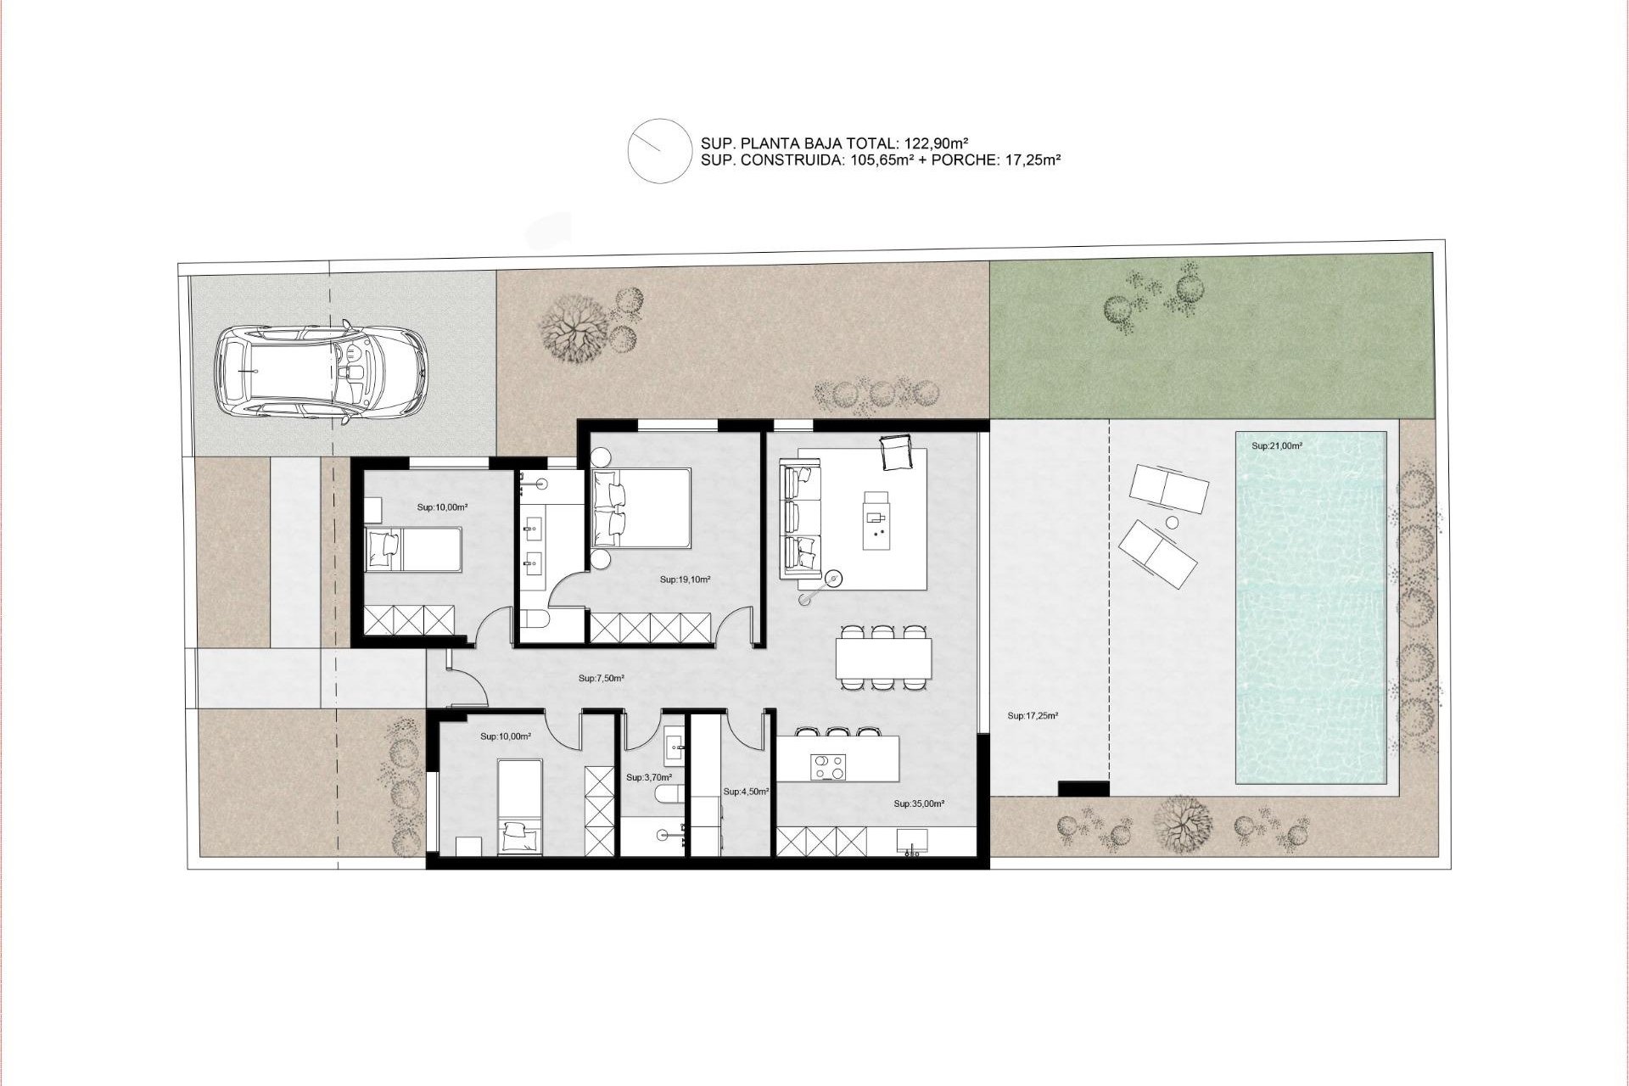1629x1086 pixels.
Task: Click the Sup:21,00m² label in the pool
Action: (1277, 445)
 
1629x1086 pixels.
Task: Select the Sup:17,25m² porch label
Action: (1033, 715)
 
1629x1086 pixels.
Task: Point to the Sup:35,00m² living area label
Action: (919, 803)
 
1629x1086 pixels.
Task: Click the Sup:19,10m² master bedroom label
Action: (685, 580)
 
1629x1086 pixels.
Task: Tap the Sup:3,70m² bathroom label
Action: (649, 777)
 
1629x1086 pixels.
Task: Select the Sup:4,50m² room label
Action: (747, 792)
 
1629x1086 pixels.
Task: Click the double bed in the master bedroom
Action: (642, 507)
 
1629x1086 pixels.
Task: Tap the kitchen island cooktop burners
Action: (828, 767)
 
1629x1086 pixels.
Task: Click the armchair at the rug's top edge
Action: (897, 452)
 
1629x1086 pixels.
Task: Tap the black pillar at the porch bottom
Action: (1083, 788)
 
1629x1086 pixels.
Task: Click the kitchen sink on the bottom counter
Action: (912, 841)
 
